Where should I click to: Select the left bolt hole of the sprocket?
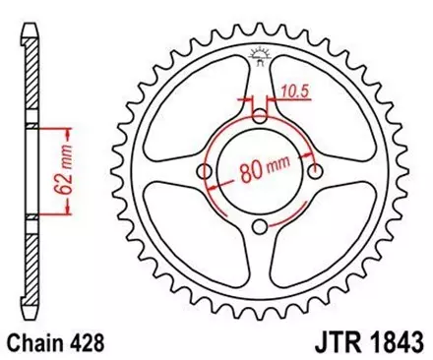pos(206,172)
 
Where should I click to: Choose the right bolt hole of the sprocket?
pos(315,172)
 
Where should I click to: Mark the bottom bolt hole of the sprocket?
pos(260,227)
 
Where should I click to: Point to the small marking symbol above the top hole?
pos(260,54)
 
